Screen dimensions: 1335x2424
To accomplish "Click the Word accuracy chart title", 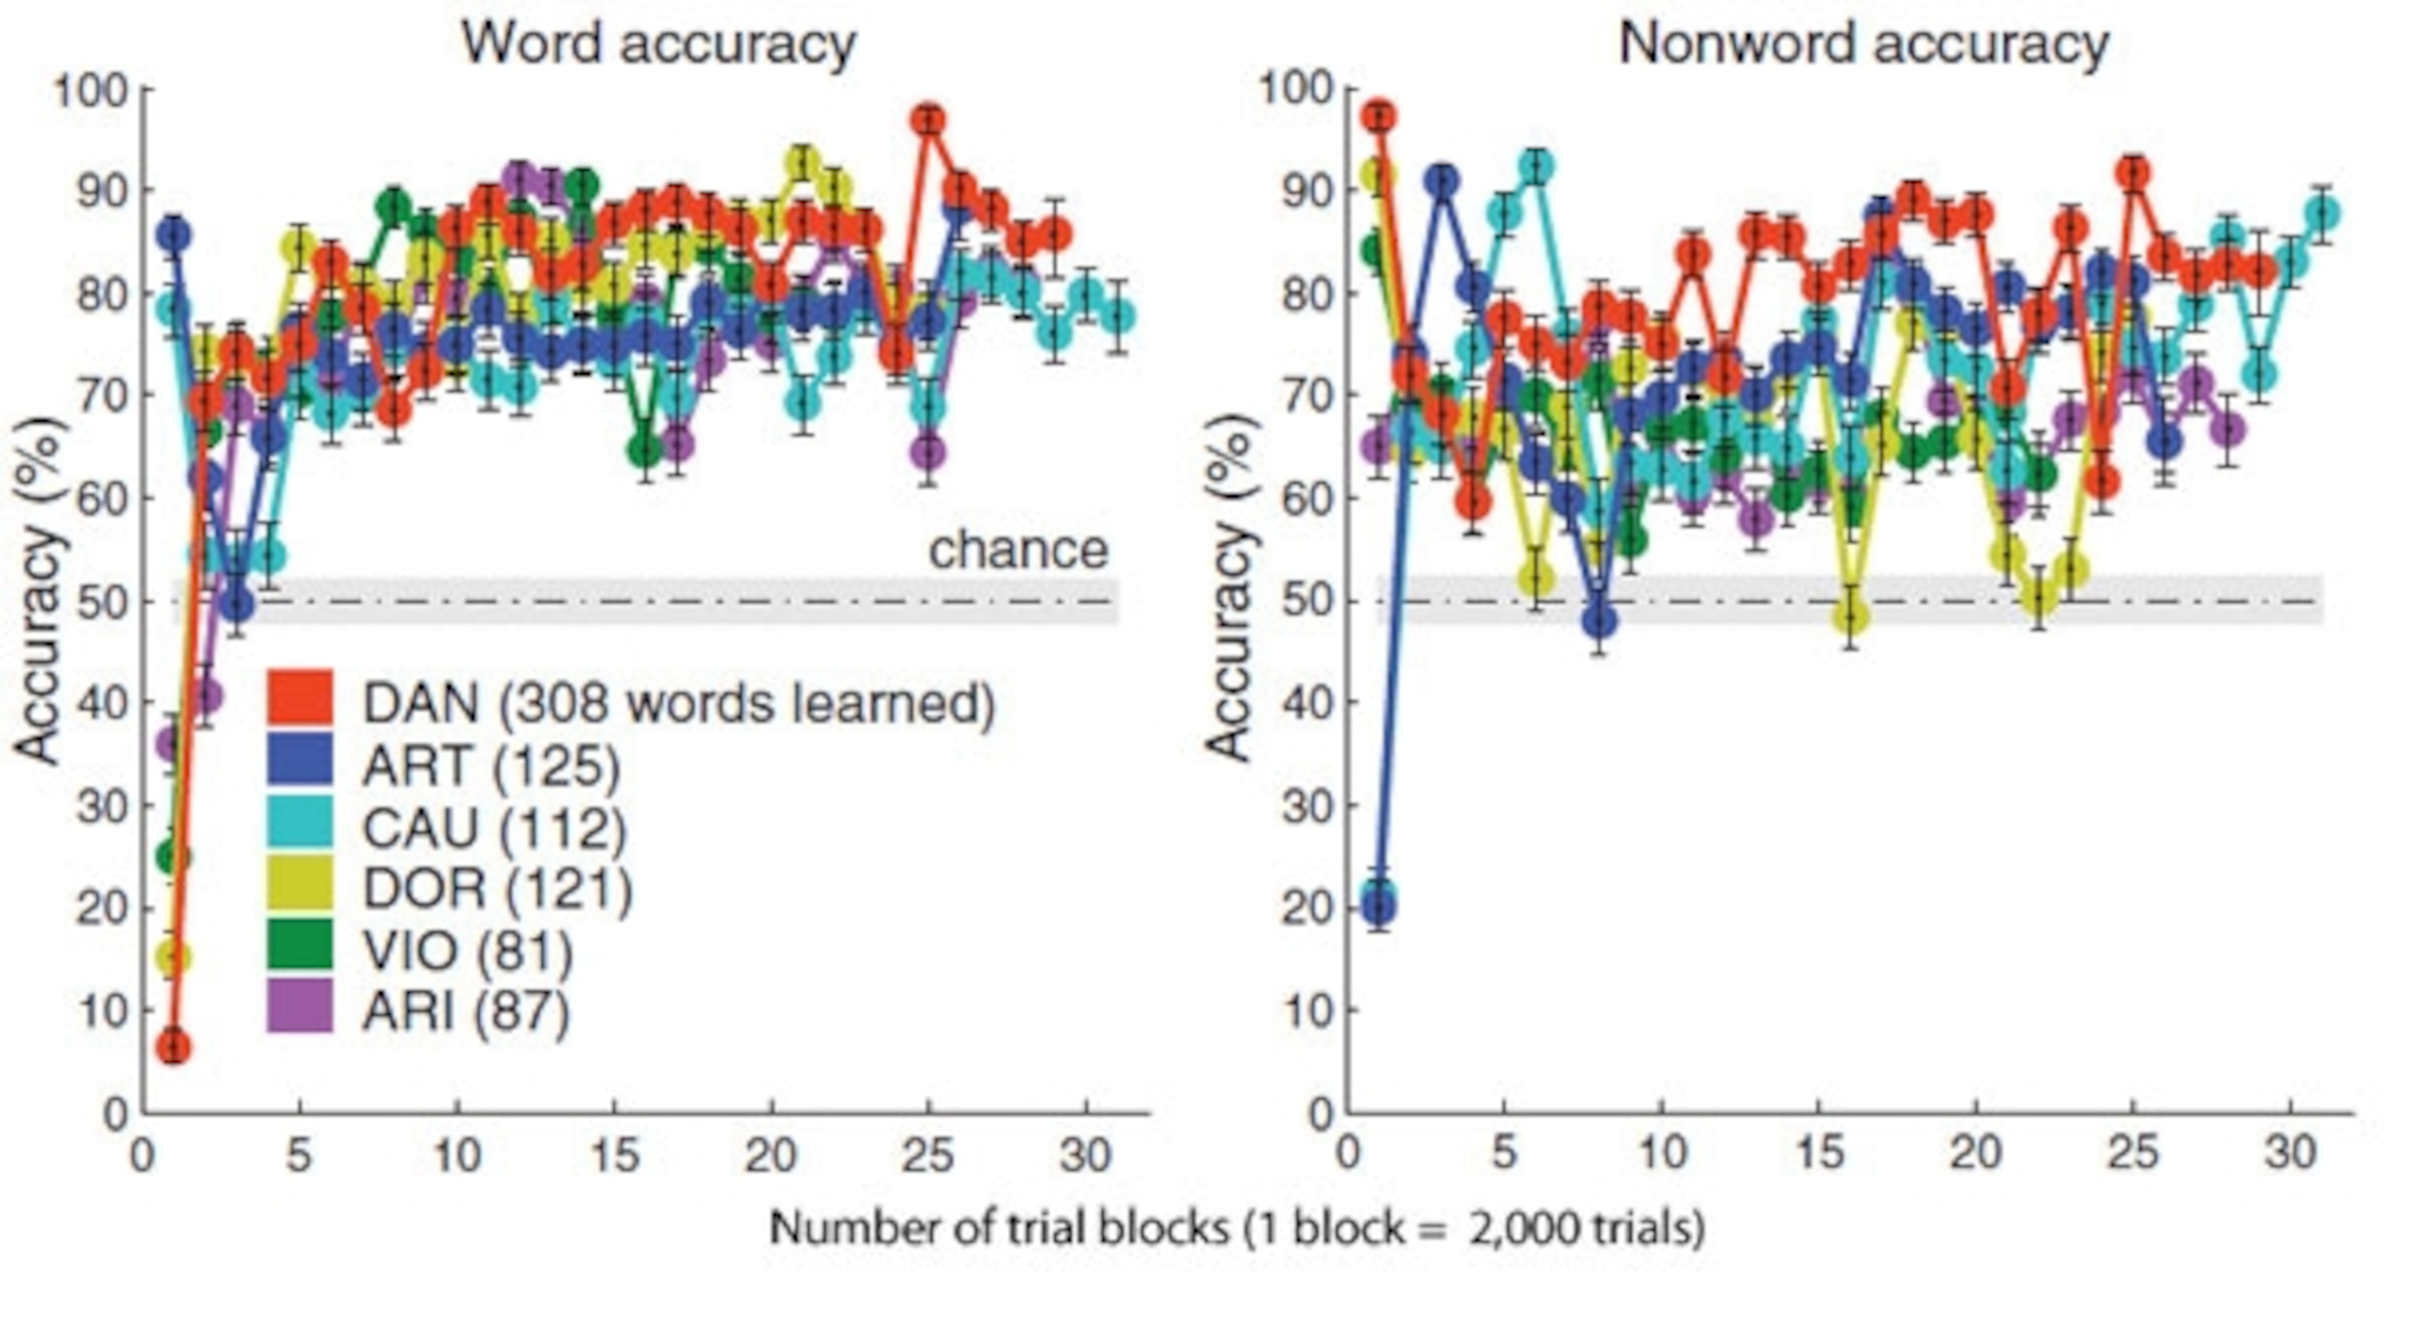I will point(658,43).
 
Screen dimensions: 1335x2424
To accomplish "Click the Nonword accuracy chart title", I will point(1863,43).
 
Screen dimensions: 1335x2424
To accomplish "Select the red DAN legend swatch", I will point(299,697).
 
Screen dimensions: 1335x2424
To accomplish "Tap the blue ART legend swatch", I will point(299,759).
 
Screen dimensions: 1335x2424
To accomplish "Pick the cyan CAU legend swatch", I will point(299,821).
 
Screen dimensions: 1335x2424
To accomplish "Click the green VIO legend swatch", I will point(299,944).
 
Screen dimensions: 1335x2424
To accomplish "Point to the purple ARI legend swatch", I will point(299,1006).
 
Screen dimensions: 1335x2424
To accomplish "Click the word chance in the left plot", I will point(1018,548).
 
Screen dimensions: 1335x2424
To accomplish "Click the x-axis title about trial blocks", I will point(1237,1228).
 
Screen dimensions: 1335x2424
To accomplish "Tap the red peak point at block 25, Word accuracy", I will point(929,121).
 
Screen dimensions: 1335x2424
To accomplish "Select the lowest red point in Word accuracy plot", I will point(173,1047).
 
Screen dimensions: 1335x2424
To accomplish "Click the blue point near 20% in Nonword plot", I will point(1378,907).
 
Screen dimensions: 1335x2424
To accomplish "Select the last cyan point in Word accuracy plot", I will point(1118,316).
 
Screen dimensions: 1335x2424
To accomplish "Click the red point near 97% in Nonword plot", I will point(1379,118).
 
